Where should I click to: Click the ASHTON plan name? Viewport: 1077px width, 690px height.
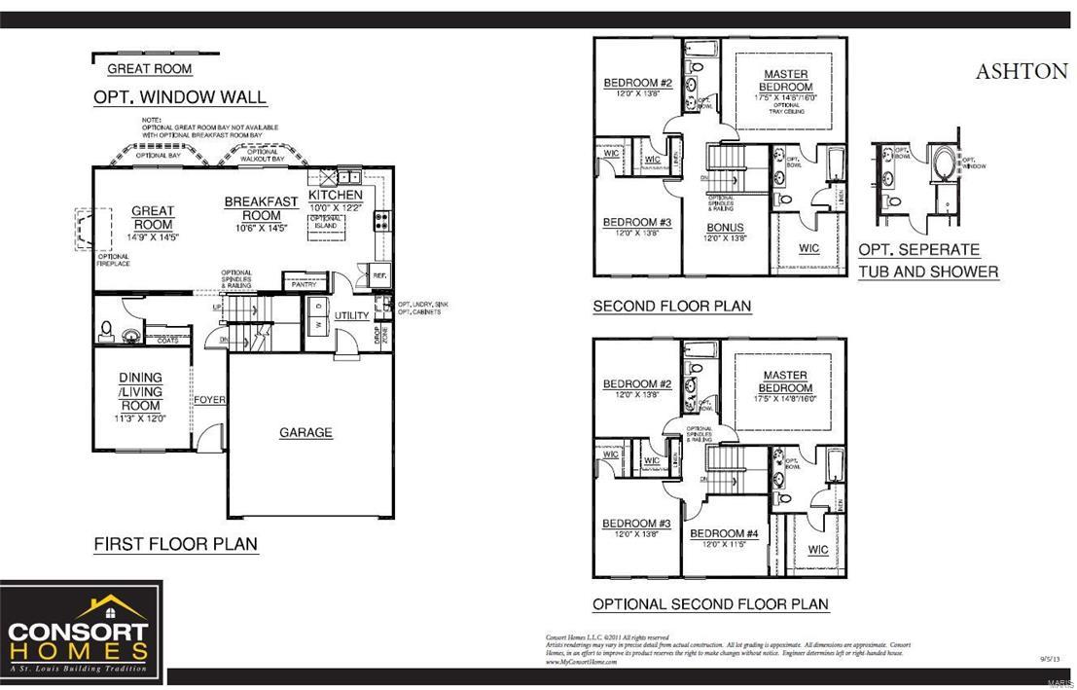click(x=1021, y=72)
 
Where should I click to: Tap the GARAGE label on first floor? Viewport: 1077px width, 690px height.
click(x=305, y=432)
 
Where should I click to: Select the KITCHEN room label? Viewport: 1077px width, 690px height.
click(x=335, y=196)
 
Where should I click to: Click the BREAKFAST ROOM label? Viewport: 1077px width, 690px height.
click(x=261, y=208)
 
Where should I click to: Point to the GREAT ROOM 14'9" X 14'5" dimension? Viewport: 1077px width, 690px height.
click(x=153, y=236)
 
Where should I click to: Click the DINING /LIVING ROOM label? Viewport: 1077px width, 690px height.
click(x=141, y=391)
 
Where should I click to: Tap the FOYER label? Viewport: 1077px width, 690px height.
click(x=209, y=400)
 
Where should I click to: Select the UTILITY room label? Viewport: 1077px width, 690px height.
click(x=351, y=315)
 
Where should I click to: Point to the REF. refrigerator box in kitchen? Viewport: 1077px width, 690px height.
click(x=379, y=275)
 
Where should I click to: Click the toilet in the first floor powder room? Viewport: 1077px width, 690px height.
click(x=108, y=331)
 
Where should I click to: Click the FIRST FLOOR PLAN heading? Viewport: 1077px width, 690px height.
click(x=176, y=544)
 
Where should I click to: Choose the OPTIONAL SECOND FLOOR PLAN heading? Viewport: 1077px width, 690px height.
click(x=710, y=604)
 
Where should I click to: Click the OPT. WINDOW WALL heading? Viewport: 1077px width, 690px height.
click(x=180, y=97)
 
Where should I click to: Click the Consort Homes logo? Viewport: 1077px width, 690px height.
click(x=79, y=633)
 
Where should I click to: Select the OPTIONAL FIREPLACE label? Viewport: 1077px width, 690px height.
click(x=113, y=260)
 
